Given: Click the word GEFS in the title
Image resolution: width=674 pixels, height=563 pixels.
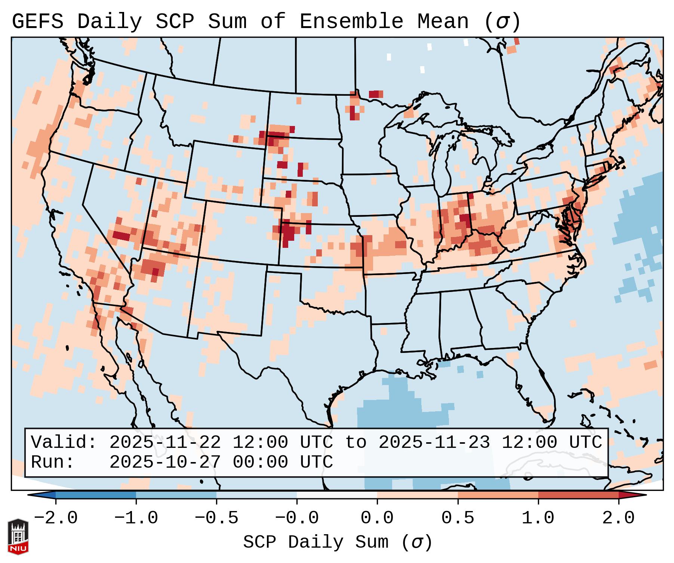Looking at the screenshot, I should pyautogui.click(x=37, y=22).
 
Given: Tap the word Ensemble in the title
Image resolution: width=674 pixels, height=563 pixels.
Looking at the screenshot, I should pyautogui.click(x=351, y=22).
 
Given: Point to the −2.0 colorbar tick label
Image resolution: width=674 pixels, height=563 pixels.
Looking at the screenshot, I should pyautogui.click(x=56, y=518).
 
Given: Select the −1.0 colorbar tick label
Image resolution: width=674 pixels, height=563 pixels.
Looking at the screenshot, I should pyautogui.click(x=136, y=518).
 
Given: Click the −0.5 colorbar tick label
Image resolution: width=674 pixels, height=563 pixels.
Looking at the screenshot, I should pyautogui.click(x=216, y=518).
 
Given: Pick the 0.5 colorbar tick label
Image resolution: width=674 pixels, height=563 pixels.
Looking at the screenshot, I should pyautogui.click(x=458, y=518).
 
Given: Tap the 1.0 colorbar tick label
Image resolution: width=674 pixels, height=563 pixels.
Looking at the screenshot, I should pyautogui.click(x=538, y=518).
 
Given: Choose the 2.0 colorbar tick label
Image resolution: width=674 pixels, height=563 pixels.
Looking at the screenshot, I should pyautogui.click(x=618, y=518).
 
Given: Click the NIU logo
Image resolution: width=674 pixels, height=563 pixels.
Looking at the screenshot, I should pyautogui.click(x=18, y=536).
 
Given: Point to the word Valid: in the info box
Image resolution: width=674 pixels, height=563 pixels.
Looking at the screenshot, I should pyautogui.click(x=64, y=442).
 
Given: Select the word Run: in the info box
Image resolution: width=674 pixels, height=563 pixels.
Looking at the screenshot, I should pyautogui.click(x=53, y=462).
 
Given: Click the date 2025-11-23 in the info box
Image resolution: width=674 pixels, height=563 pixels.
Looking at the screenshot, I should pyautogui.click(x=434, y=442).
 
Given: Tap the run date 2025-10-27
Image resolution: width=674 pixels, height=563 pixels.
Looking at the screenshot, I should pyautogui.click(x=165, y=462).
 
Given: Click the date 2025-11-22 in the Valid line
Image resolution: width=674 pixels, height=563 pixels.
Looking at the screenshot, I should pyautogui.click(x=165, y=442).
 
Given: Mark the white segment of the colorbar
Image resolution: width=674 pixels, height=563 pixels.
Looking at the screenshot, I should pyautogui.click(x=337, y=495).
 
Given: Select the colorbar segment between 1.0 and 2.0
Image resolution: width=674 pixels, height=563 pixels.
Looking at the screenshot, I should pyautogui.click(x=578, y=495).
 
